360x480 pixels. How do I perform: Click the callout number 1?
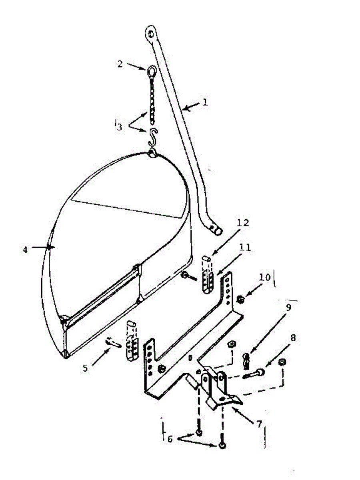(205, 102)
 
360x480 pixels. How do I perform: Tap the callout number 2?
(120, 64)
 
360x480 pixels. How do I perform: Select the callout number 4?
(25, 250)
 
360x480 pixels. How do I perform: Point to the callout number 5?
(85, 368)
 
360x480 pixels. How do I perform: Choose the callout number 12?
(243, 223)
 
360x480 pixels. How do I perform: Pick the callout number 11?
(245, 247)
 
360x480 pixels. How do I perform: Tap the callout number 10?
(265, 277)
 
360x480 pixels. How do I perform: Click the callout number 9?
(289, 307)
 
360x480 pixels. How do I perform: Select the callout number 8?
(293, 338)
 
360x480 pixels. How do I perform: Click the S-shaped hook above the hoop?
(153, 137)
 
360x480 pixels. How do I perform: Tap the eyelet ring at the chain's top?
(151, 71)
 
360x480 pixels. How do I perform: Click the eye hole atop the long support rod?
(151, 34)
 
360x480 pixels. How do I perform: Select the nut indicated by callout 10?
(241, 299)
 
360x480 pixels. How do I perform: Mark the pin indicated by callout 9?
(246, 361)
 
